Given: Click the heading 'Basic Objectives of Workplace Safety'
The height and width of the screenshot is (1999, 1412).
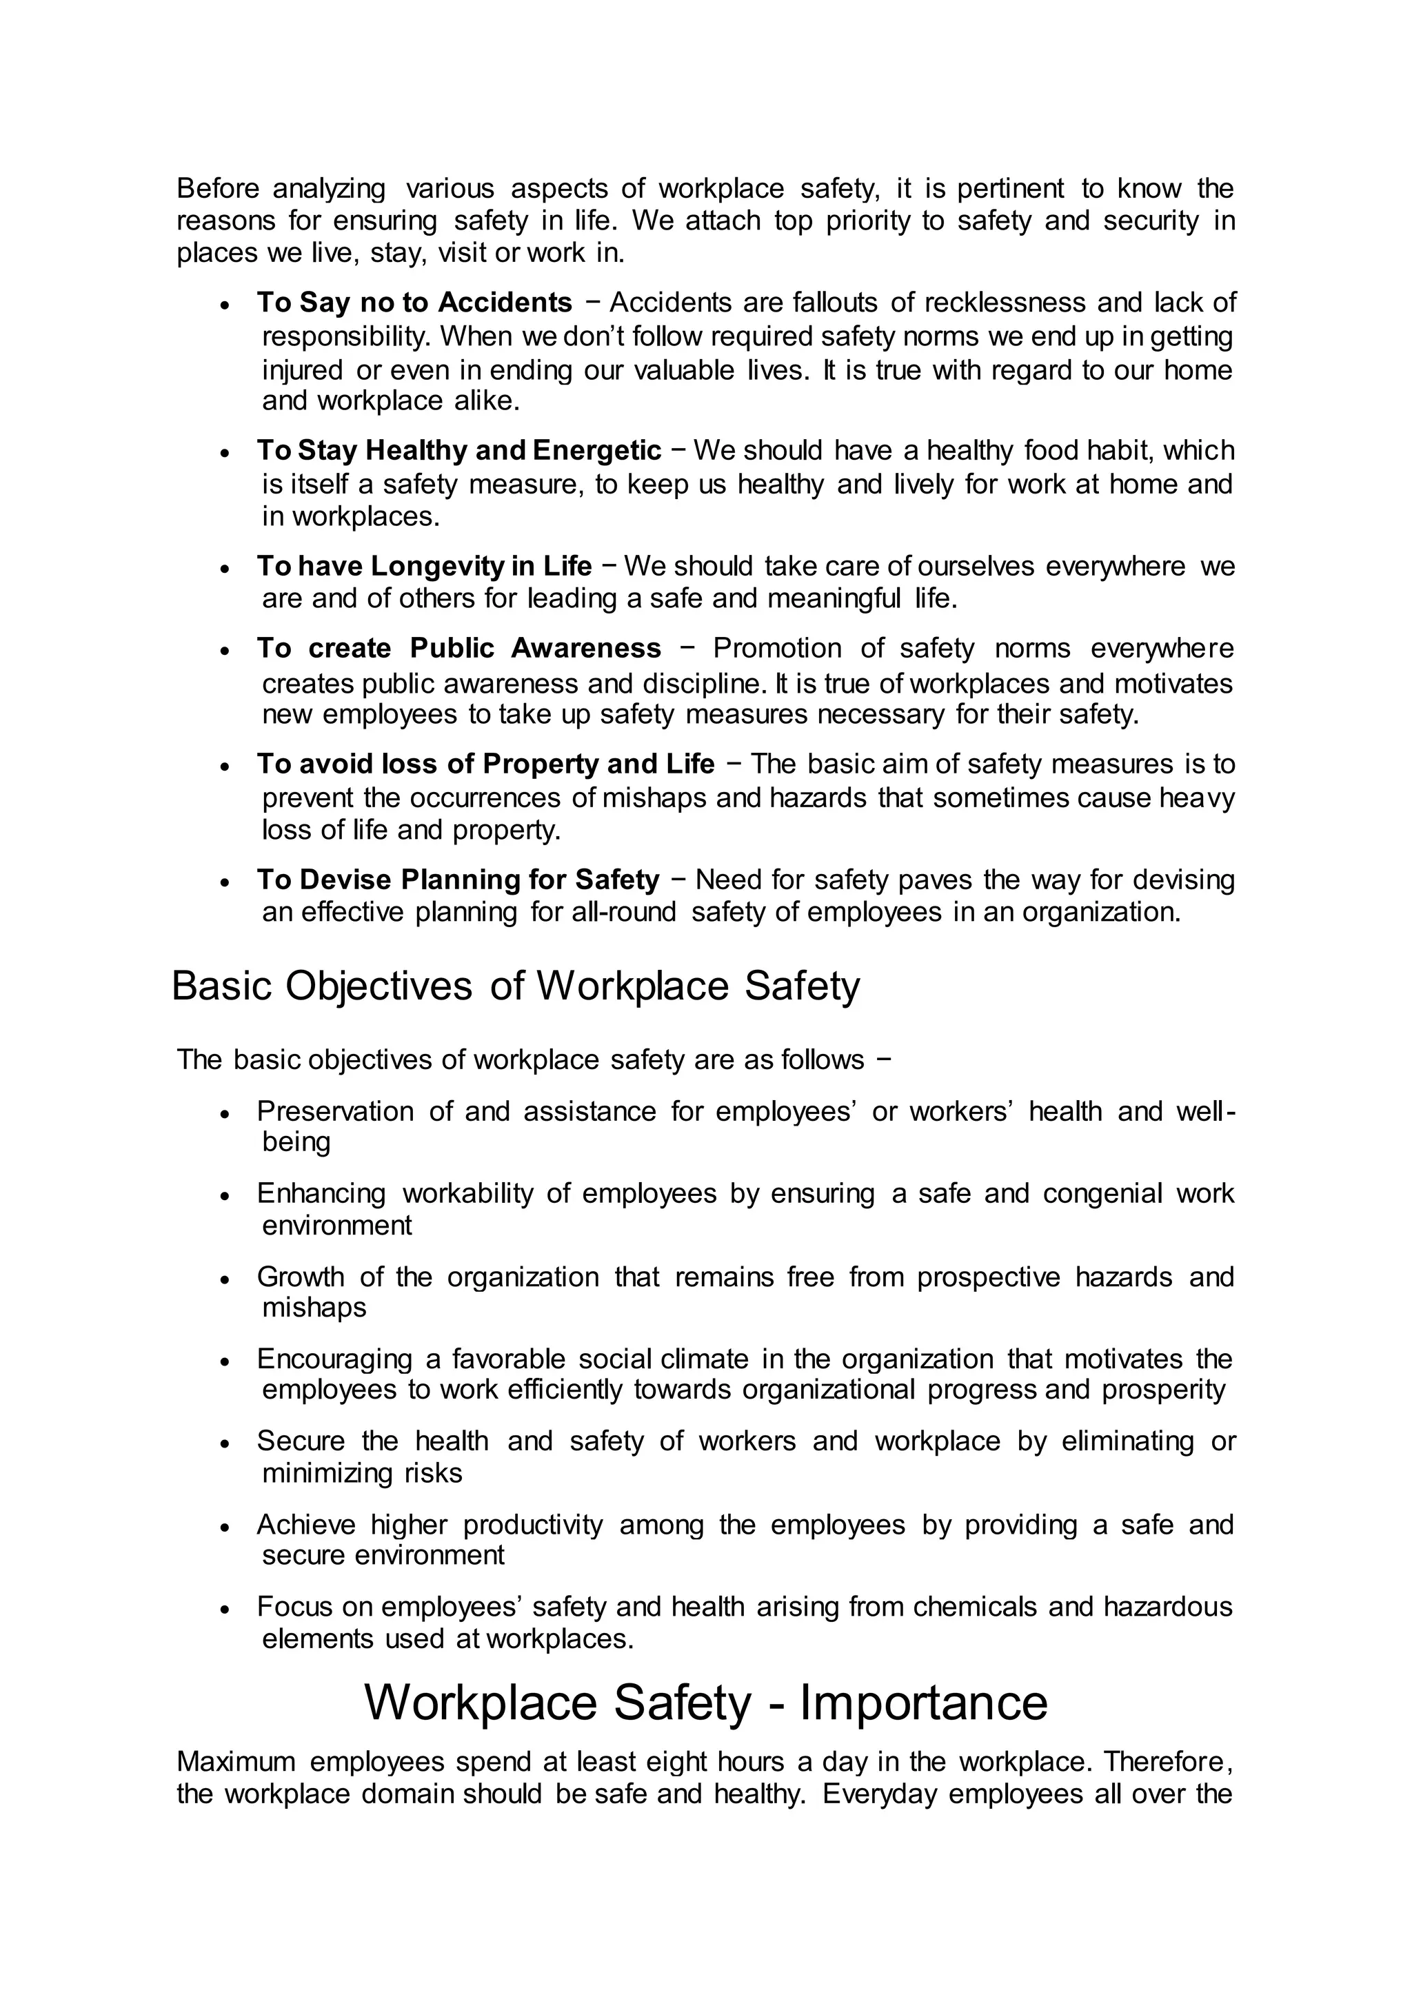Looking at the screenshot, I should pyautogui.click(x=516, y=986).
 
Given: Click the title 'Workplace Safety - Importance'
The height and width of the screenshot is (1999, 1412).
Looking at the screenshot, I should pyautogui.click(x=705, y=1702).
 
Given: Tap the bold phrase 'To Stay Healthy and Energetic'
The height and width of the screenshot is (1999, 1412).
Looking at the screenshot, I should pyautogui.click(x=458, y=450).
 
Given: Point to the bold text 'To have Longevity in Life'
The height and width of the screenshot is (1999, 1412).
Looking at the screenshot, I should pyautogui.click(x=423, y=566).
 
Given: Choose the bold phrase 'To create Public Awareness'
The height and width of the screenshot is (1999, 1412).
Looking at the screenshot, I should pyautogui.click(x=458, y=648).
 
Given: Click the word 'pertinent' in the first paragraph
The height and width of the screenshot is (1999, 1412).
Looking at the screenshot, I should pyautogui.click(x=1011, y=188).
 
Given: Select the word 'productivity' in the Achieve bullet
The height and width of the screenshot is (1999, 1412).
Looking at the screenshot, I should pyautogui.click(x=532, y=1525).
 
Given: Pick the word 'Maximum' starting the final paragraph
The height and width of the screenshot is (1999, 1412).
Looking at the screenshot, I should pyautogui.click(x=236, y=1761).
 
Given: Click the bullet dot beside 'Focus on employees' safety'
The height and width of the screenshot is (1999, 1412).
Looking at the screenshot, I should pyautogui.click(x=225, y=1609).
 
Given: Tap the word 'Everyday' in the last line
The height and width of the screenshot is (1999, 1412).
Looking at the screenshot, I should pyautogui.click(x=878, y=1794).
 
